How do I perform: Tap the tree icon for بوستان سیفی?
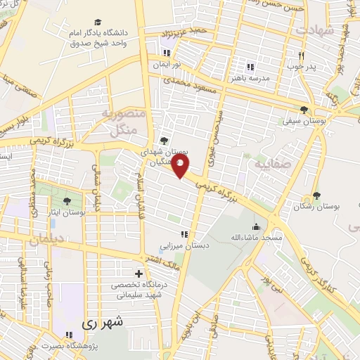tap(304, 109)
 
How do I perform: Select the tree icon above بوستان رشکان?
tap(316, 195)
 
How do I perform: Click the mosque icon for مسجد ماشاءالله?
tap(256, 227)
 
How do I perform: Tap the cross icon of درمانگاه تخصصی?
tap(139, 274)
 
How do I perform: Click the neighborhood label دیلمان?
tap(46, 240)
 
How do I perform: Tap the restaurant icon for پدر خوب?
tap(300, 56)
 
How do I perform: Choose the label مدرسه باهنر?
tap(250, 78)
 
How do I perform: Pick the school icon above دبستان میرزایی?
tap(184, 234)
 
